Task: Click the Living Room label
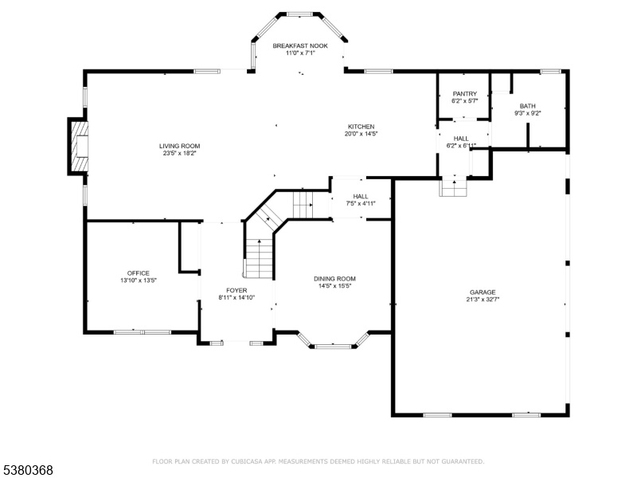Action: (179, 146)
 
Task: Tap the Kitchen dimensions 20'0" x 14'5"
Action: (361, 133)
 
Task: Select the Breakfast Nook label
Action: (300, 45)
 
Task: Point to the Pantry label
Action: (465, 93)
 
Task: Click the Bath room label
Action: (527, 106)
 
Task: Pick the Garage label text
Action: (483, 292)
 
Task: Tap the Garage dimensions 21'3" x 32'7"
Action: (483, 300)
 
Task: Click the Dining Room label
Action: (334, 279)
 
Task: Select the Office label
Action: (139, 273)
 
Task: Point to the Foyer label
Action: (236, 290)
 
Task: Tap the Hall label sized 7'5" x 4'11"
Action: (361, 196)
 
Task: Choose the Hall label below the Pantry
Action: (461, 138)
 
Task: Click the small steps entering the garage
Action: (454, 187)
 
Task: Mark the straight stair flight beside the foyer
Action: (260, 258)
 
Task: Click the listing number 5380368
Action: (27, 470)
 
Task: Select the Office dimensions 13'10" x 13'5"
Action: (139, 280)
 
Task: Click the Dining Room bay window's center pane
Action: (333, 347)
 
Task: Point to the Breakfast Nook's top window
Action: (300, 14)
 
